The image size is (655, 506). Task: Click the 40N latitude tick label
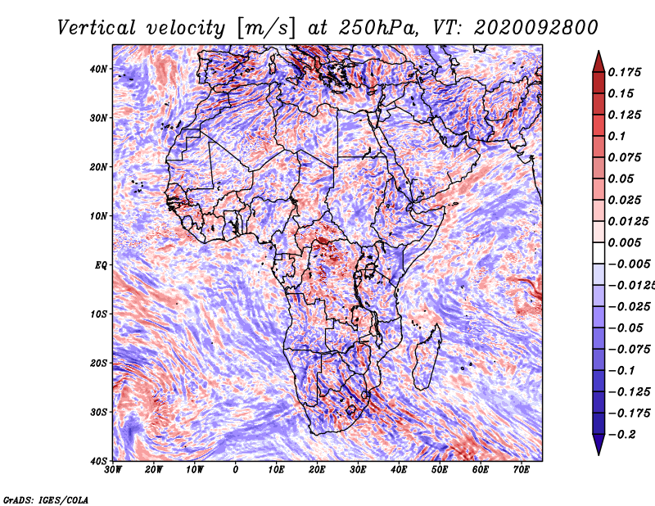coord(98,69)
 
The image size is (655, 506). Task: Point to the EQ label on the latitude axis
coord(101,265)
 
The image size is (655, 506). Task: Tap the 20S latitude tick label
coord(98,363)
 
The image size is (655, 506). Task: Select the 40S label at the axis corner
coord(98,461)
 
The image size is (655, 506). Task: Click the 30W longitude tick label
coord(113,470)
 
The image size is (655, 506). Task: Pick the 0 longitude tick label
coord(236,470)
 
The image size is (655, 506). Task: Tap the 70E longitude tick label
coord(522,470)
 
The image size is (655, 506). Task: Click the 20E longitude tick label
coord(317,470)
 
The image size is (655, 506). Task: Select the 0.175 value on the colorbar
coord(625,72)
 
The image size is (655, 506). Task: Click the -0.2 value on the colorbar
coord(622,435)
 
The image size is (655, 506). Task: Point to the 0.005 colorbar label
coord(625,242)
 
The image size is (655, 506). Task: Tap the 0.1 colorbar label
coord(617,136)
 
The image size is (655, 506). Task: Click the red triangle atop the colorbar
coord(599,61)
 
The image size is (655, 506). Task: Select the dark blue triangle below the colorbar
coord(599,444)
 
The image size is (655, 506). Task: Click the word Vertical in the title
coord(97,28)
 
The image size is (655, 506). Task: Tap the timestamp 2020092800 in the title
coord(536,28)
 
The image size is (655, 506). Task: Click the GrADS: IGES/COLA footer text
coord(46,499)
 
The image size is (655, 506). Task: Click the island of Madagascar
coord(427,357)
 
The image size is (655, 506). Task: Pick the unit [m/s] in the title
coord(264,29)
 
